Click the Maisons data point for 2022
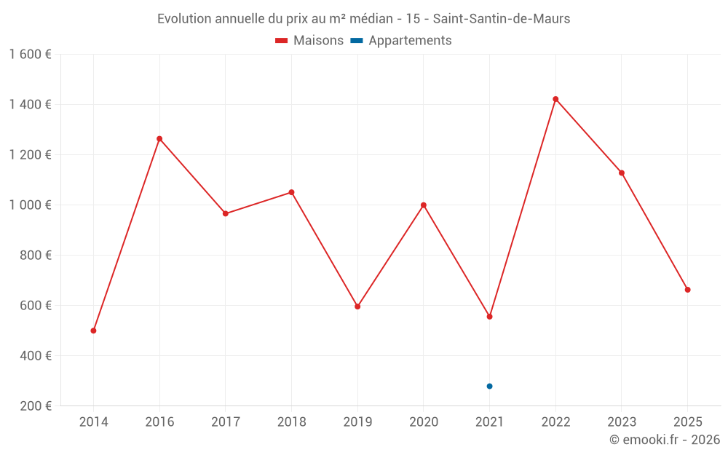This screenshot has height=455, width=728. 555,99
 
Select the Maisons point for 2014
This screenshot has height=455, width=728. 93,331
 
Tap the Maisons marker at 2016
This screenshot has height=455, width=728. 159,139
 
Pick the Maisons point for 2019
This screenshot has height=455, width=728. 357,306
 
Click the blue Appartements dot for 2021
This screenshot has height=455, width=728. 489,386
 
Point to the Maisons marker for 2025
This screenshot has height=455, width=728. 687,290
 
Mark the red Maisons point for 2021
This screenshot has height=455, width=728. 489,317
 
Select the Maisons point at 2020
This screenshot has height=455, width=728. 424,205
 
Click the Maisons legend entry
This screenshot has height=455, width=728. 309,41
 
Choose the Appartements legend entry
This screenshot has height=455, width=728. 402,41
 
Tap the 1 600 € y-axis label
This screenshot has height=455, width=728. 31,55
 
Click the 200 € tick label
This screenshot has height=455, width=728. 35,406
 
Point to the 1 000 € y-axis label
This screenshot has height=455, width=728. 31,205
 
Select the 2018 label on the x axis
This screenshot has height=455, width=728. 291,422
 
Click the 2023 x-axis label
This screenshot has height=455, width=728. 621,422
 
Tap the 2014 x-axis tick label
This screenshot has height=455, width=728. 93,422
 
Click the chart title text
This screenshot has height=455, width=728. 363,18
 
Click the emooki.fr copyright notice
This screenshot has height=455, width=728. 664,440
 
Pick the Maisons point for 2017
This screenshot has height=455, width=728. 226,213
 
